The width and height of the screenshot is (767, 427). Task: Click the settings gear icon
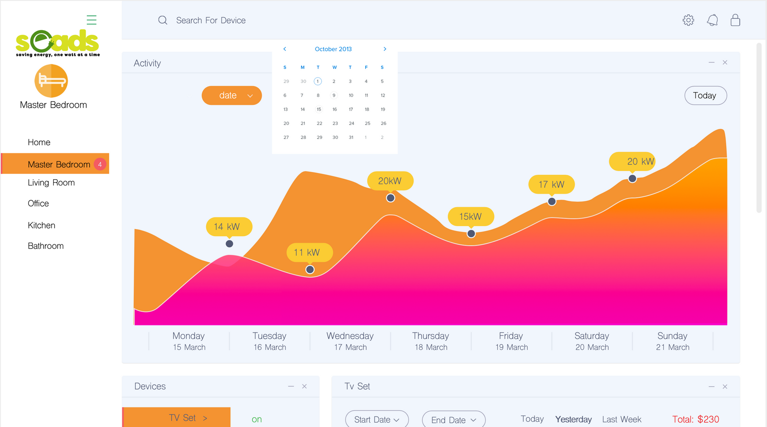688,20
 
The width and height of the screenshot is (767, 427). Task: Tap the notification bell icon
712,20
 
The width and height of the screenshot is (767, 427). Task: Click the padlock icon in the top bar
735,20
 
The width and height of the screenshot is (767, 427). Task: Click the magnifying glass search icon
163,20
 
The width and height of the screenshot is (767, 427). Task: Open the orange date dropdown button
232,95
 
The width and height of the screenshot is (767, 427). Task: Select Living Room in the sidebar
51,183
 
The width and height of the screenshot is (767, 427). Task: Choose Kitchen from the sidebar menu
42,225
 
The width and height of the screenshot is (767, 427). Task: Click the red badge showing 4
100,164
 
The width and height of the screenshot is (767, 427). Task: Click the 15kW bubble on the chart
471,217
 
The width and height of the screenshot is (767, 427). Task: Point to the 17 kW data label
551,185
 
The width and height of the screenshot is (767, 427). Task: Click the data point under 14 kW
230,244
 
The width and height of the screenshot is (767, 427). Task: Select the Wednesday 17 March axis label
350,341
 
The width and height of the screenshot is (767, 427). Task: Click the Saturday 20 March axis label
592,341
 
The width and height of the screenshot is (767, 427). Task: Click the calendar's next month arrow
384,49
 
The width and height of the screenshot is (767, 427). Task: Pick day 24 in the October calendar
351,124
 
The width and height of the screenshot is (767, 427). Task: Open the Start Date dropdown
377,419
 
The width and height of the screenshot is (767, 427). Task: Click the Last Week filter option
622,419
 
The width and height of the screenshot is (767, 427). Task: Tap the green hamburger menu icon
92,20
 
